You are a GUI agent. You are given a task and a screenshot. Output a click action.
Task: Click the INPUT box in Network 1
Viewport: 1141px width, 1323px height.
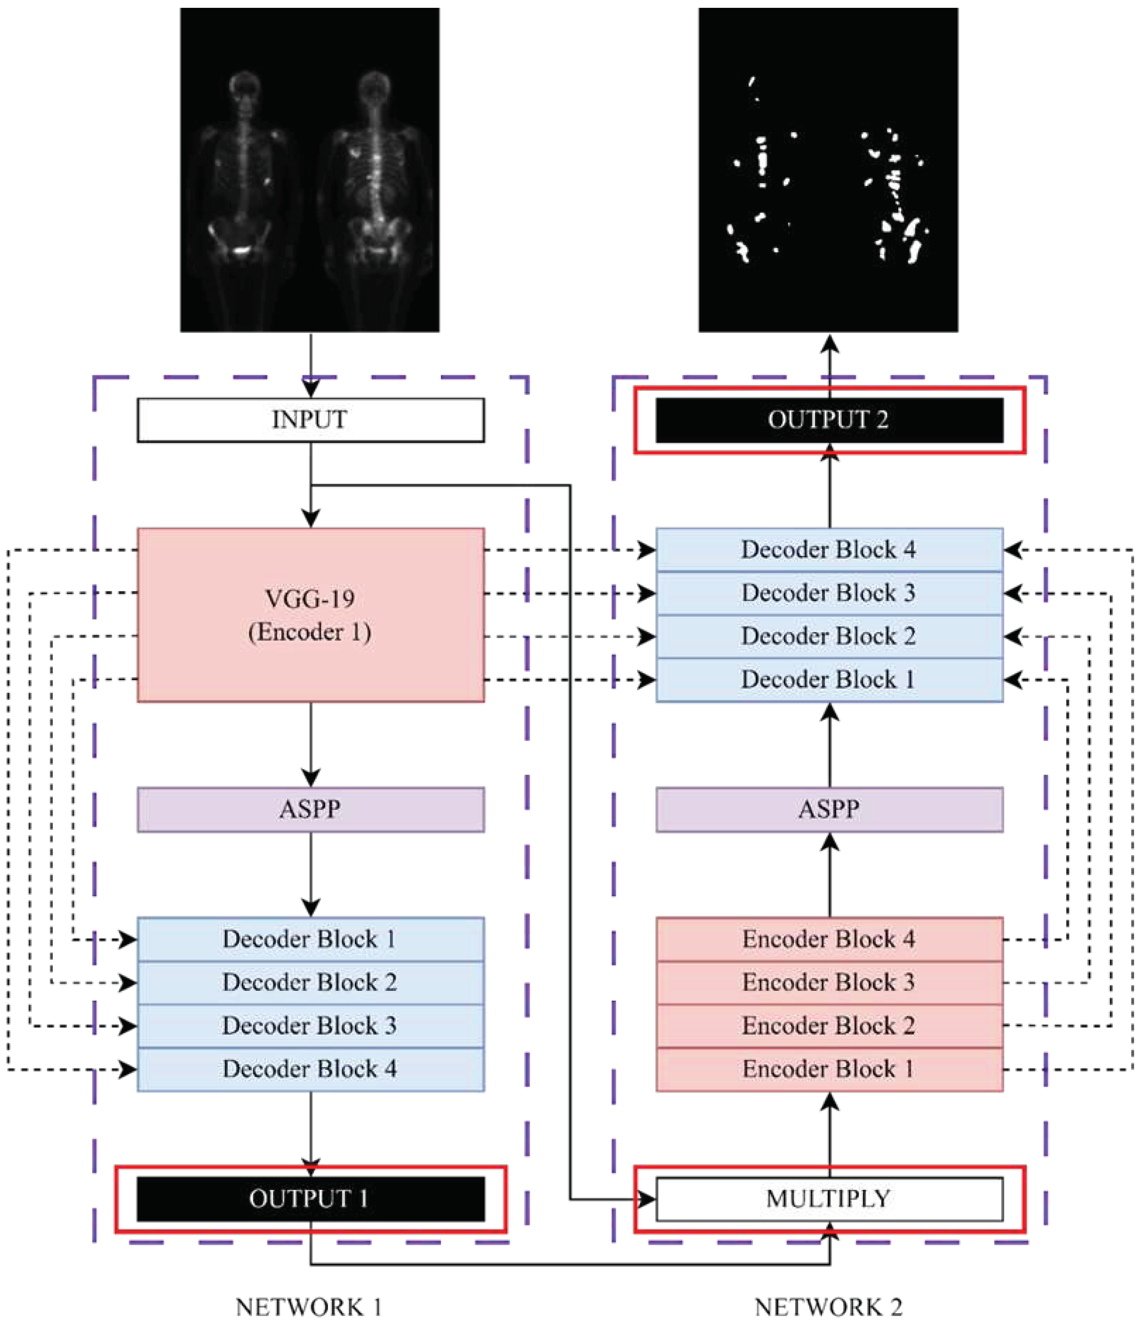click(x=310, y=420)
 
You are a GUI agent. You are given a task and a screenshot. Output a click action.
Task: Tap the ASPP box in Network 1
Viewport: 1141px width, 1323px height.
click(x=310, y=809)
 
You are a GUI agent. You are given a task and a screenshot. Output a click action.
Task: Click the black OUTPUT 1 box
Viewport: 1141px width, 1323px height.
click(x=310, y=1199)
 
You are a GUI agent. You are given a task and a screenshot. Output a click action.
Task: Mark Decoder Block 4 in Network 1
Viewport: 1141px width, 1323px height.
click(x=310, y=1069)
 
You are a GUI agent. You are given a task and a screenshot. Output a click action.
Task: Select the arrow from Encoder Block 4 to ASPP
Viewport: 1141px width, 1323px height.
click(x=829, y=875)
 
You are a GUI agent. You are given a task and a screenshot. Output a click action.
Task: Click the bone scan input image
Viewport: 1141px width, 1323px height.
click(x=310, y=169)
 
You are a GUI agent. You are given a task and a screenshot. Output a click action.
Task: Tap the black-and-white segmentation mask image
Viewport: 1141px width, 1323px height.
click(x=828, y=169)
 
